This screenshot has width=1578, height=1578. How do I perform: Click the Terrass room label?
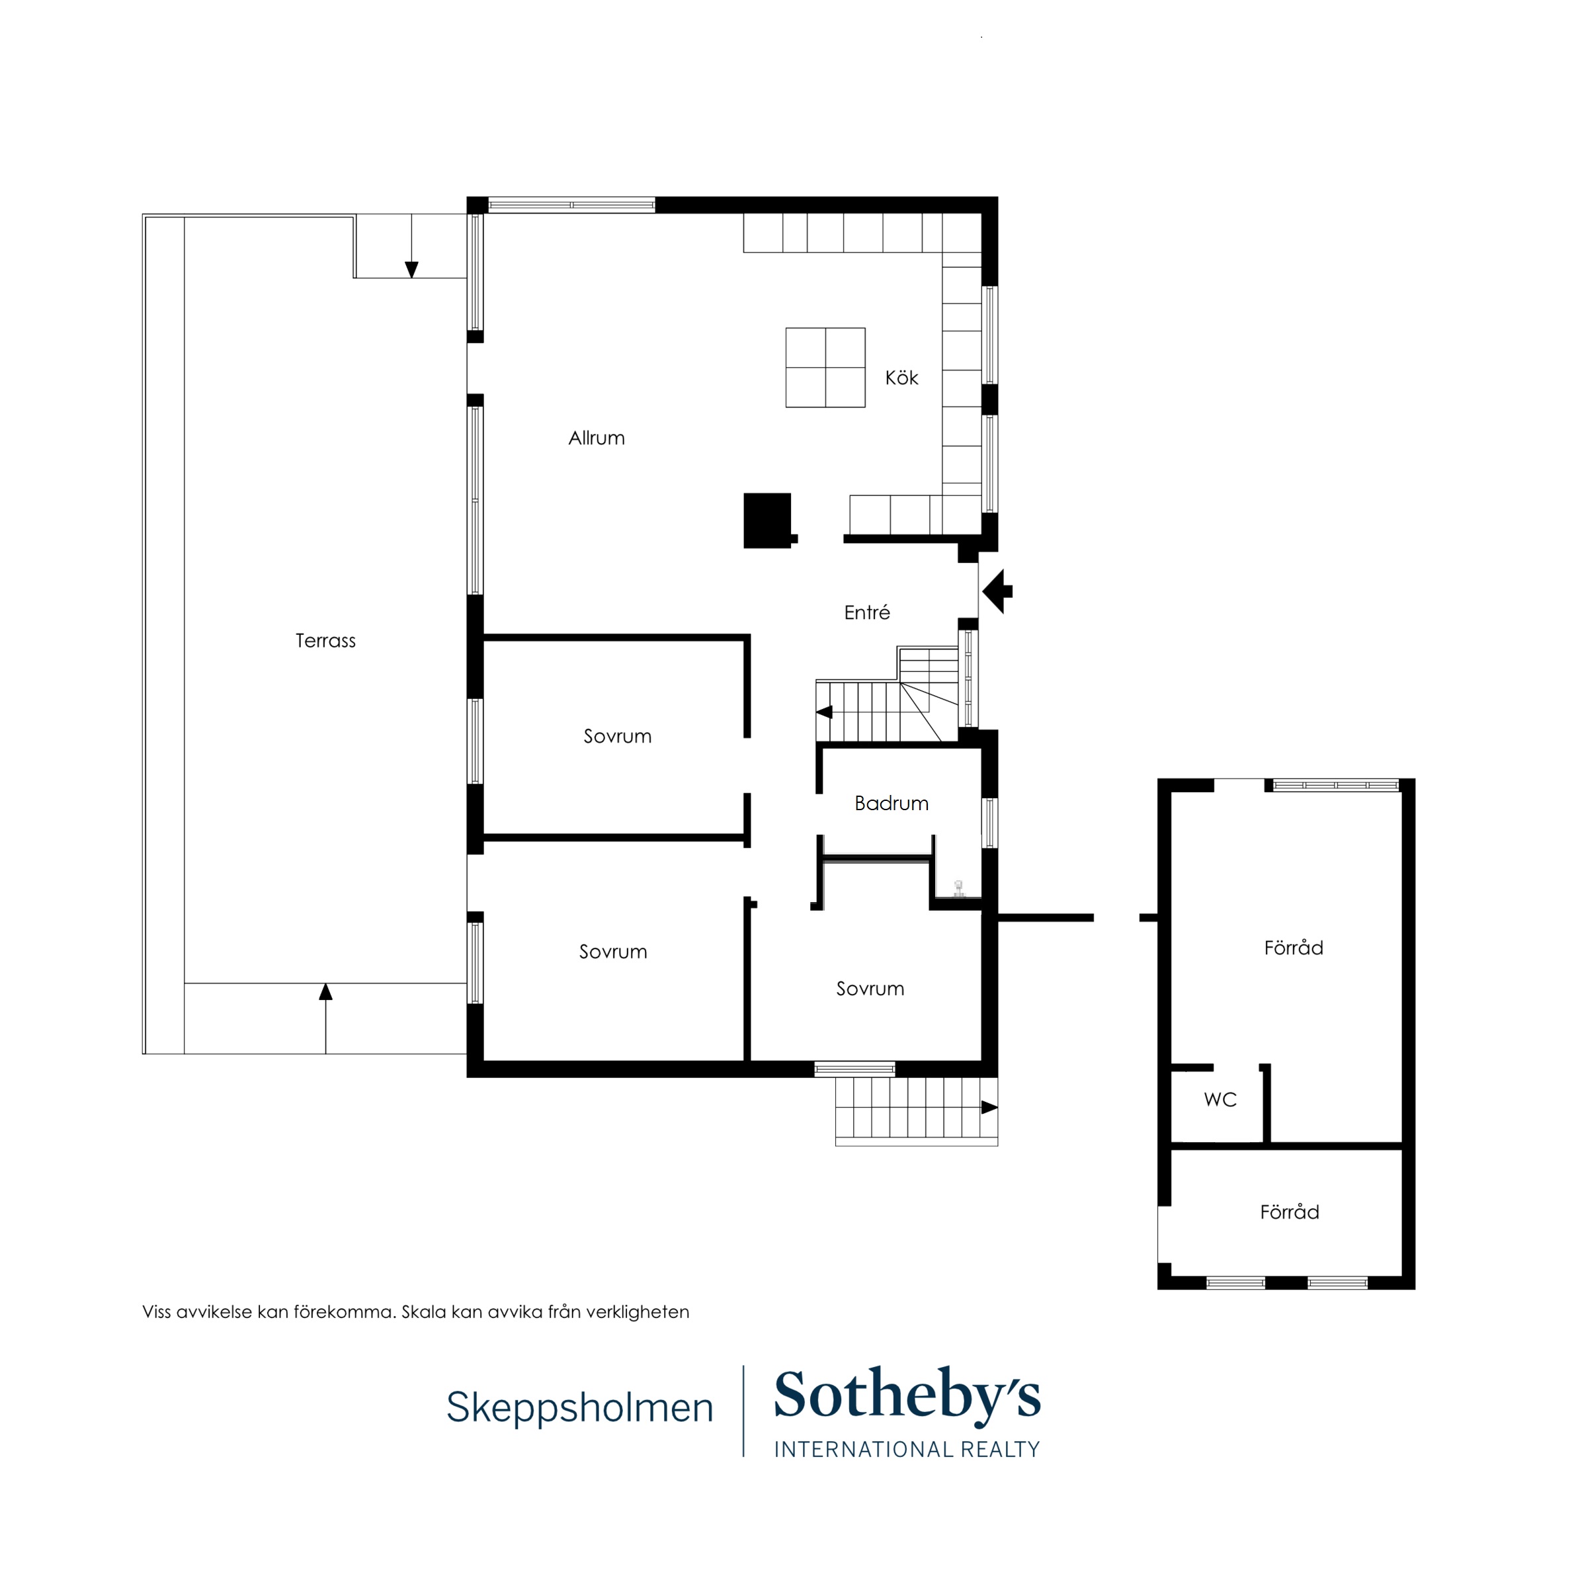(x=325, y=640)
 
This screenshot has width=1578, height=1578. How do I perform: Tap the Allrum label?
(x=597, y=438)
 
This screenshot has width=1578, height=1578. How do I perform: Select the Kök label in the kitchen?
(x=901, y=378)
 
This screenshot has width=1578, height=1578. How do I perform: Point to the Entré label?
(x=866, y=612)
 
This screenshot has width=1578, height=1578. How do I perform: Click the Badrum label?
(x=891, y=803)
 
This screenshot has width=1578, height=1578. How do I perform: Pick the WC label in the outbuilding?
(x=1220, y=1099)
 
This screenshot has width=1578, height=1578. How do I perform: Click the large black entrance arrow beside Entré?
(x=997, y=591)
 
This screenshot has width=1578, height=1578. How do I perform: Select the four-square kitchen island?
(x=825, y=368)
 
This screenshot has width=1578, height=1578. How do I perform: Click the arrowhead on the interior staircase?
(x=824, y=712)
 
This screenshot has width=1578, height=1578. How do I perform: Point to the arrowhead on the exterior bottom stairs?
(x=989, y=1108)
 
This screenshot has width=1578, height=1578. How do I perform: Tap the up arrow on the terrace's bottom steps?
(x=326, y=991)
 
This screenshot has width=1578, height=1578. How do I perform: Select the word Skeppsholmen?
(x=579, y=1407)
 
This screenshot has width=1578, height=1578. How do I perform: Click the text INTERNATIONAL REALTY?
(x=907, y=1449)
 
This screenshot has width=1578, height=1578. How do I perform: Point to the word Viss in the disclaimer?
(x=157, y=1311)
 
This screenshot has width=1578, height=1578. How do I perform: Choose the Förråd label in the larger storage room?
(x=1293, y=948)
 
